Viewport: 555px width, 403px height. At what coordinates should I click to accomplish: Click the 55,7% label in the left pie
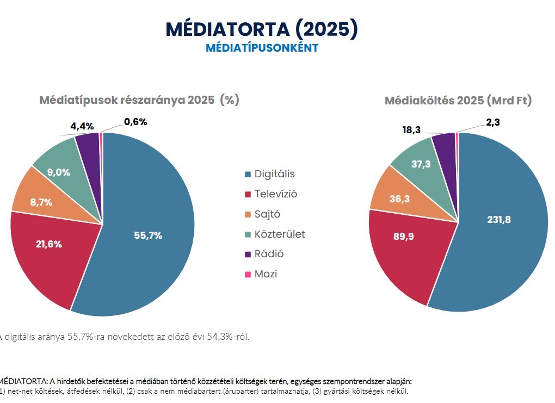coord(148,235)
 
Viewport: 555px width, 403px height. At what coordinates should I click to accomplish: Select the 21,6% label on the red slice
coord(48,244)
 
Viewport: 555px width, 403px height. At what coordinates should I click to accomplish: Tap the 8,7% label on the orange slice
coord(41,202)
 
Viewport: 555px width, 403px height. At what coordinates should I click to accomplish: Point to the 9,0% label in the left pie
coord(58,172)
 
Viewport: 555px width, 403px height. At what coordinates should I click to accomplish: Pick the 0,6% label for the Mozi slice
coord(135,122)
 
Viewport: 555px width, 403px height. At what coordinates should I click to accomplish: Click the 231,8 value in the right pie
coord(499,220)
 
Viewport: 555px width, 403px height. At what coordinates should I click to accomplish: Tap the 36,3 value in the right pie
coord(400,199)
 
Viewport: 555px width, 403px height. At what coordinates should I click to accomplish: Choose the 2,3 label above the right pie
coord(492,123)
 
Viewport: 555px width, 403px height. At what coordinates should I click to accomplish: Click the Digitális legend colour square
coord(248,175)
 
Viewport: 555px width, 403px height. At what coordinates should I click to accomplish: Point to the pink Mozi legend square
coord(248,274)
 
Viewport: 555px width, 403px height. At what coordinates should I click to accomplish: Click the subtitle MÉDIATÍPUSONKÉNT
coord(262,48)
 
